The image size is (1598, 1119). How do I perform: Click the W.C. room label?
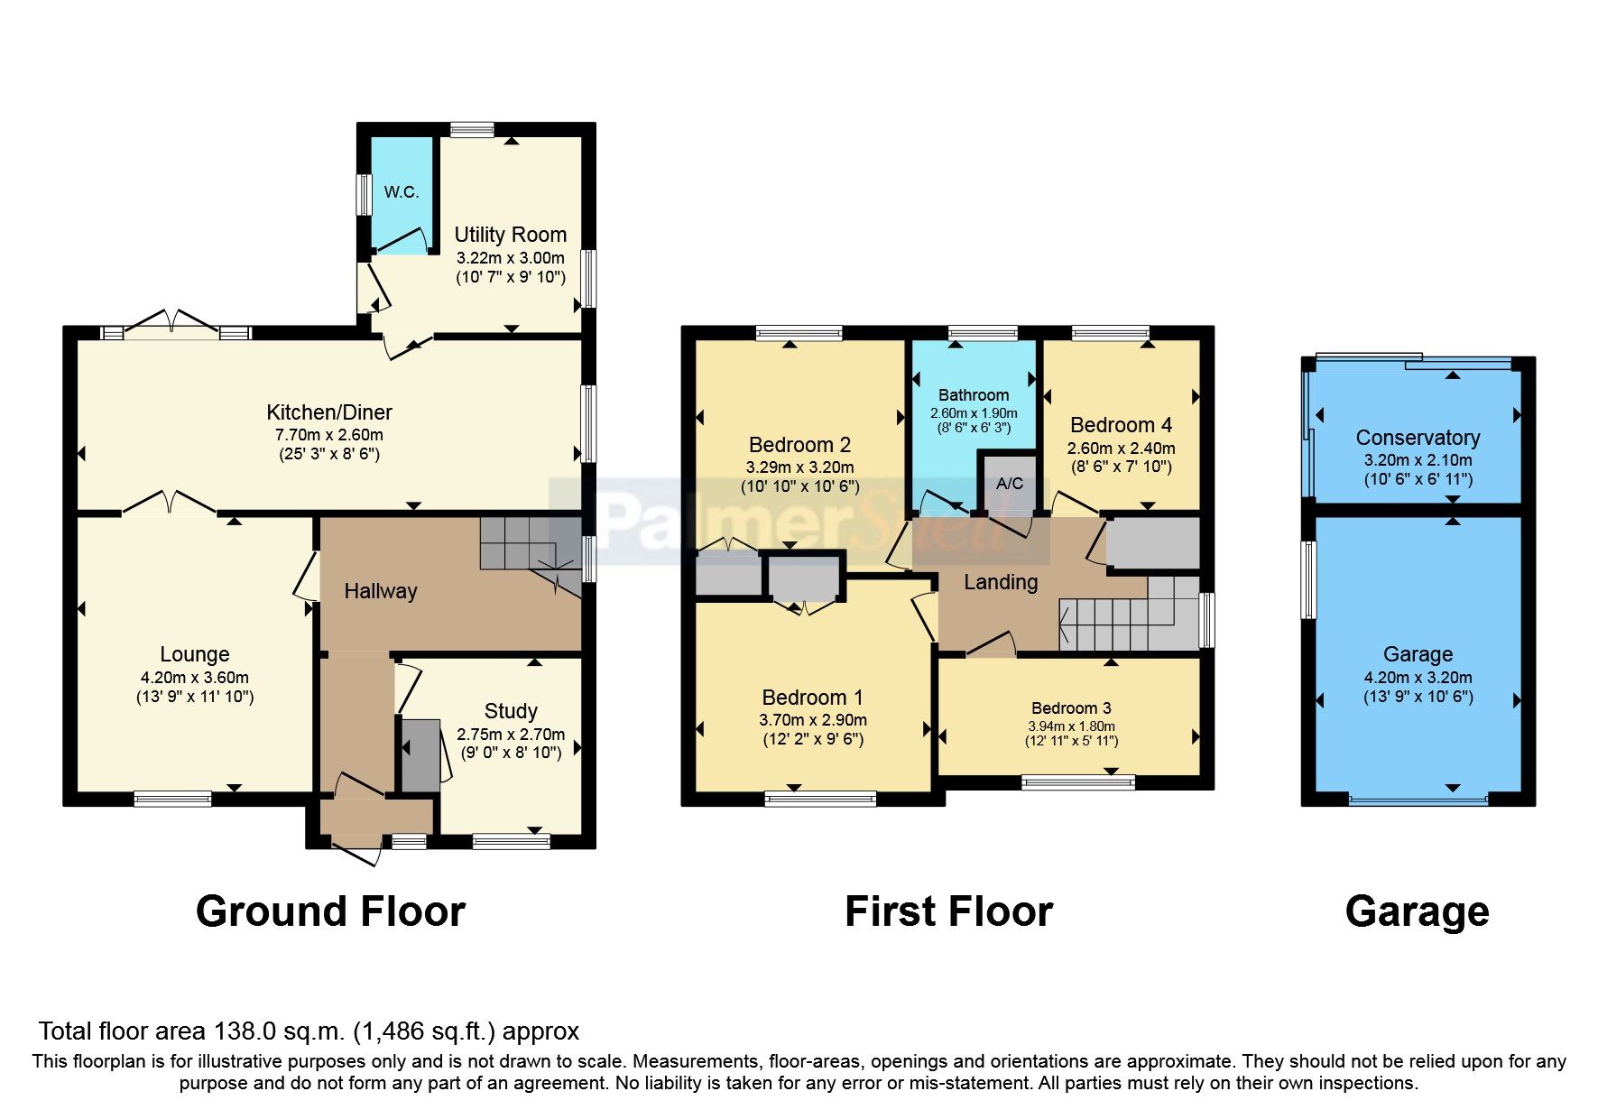coord(401,192)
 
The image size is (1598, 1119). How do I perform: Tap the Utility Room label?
coord(510,235)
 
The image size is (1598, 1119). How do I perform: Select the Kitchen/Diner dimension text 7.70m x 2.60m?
coord(329,435)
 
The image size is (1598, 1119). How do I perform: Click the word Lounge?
coord(195,654)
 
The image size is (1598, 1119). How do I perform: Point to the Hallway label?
coord(380,591)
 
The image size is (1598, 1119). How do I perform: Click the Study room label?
coord(511,711)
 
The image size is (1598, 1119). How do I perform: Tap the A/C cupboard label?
coord(1010,484)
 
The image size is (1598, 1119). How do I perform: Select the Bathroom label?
coord(974,395)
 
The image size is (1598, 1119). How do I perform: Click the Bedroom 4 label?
coord(1121,425)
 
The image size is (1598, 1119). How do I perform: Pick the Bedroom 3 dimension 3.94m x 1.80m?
coord(1071,726)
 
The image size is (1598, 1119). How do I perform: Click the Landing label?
coord(1001,583)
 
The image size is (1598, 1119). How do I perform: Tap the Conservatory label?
coord(1418,438)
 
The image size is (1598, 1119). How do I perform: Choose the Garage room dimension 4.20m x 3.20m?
coord(1418,678)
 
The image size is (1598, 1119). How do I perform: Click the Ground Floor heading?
coord(330,911)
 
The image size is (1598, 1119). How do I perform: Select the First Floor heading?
coord(948,911)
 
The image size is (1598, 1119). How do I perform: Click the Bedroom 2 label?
coord(799,445)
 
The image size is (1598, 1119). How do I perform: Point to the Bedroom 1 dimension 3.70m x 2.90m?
coord(813,720)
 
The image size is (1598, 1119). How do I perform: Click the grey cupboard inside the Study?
coord(420,755)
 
